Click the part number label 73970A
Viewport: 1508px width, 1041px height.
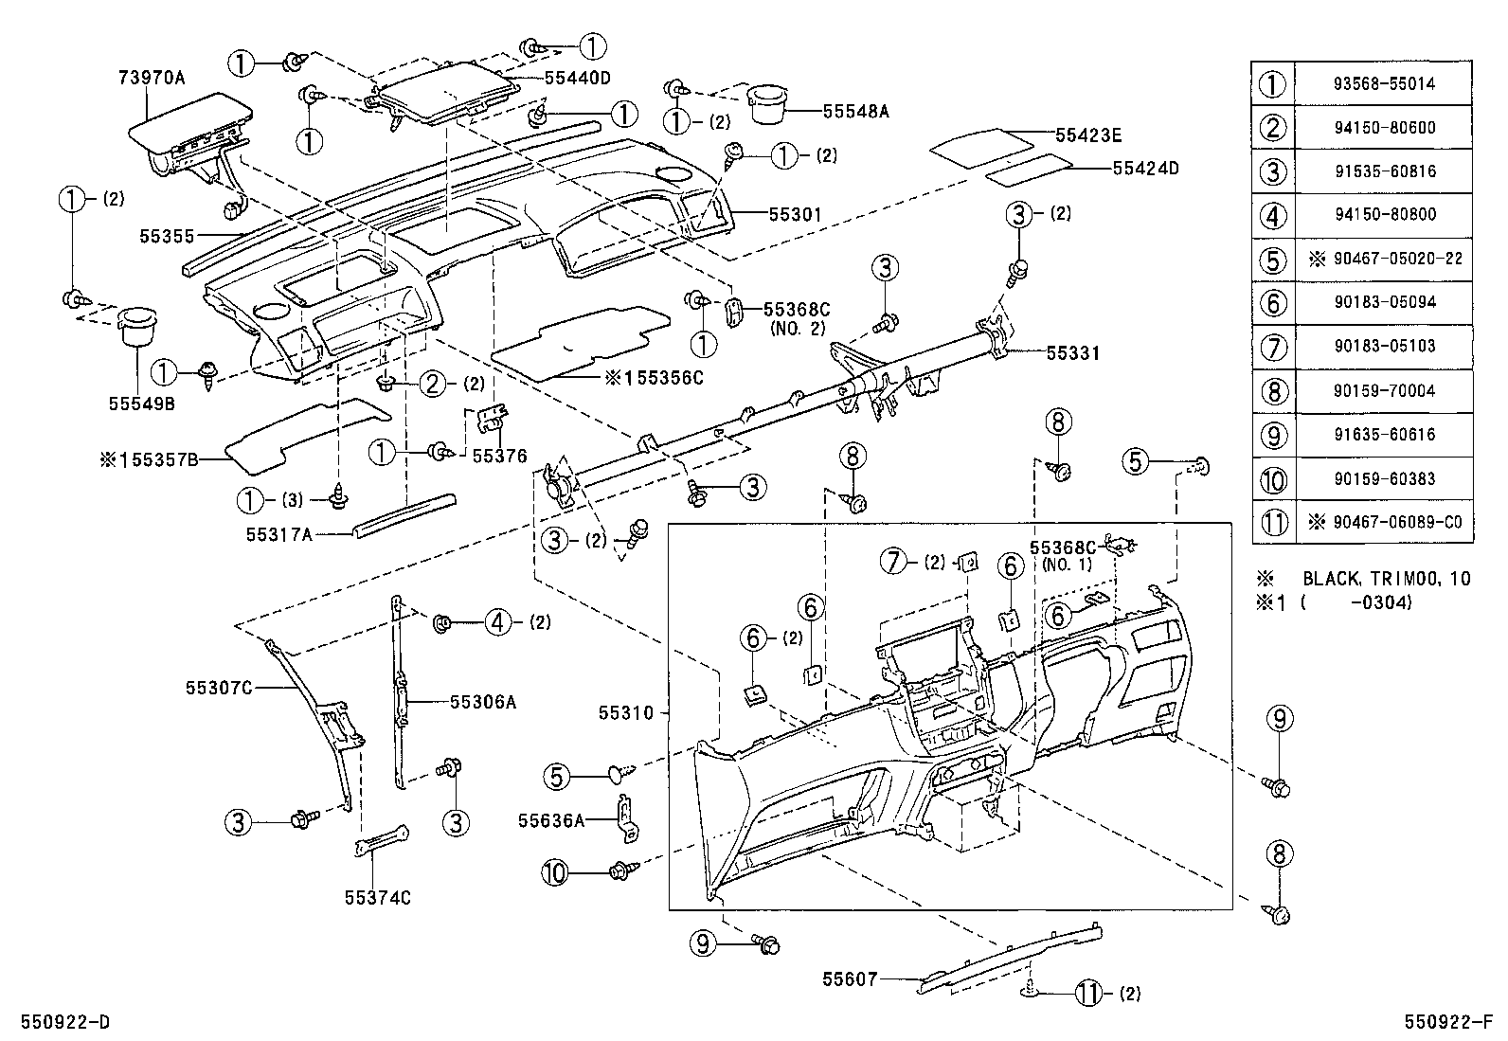click(153, 78)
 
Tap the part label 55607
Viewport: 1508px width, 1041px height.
click(850, 978)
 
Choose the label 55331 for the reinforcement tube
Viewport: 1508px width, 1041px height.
click(1072, 352)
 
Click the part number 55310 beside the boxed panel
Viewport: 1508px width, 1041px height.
click(626, 712)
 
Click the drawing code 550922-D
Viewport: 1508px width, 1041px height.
click(59, 1023)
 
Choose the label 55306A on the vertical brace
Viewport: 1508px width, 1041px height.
click(483, 701)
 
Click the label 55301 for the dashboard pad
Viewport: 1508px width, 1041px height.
click(794, 215)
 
